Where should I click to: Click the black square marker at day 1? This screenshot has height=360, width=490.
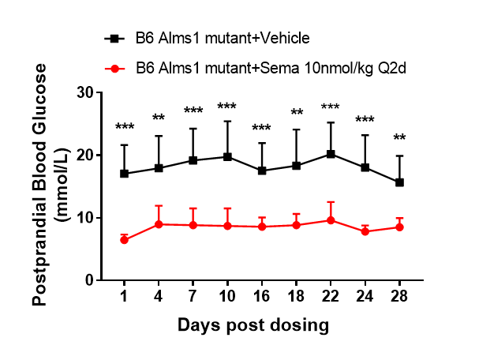[x=124, y=174]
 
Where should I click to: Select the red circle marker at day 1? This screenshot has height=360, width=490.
[x=124, y=239]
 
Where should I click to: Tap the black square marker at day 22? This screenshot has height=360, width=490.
[x=331, y=154]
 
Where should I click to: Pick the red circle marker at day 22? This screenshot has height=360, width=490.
[x=331, y=220]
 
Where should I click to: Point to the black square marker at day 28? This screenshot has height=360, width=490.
[x=400, y=182]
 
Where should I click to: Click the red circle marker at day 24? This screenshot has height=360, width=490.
[x=365, y=231]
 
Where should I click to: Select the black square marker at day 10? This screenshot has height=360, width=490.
[x=227, y=157]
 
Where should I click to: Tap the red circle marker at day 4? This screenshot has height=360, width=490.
[x=159, y=224]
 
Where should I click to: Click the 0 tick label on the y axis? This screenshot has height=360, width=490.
[x=88, y=280]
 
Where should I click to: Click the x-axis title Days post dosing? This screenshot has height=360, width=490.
[x=252, y=324]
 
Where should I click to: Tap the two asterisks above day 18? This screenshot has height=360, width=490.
[x=297, y=113]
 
